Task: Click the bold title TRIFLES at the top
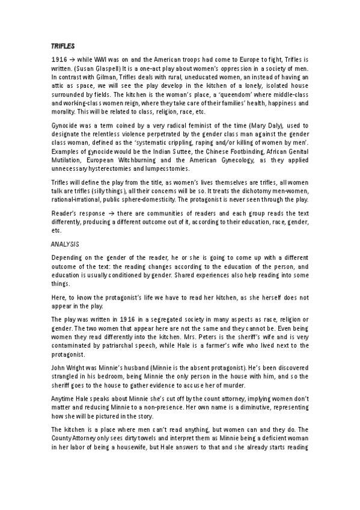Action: point(61,45)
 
